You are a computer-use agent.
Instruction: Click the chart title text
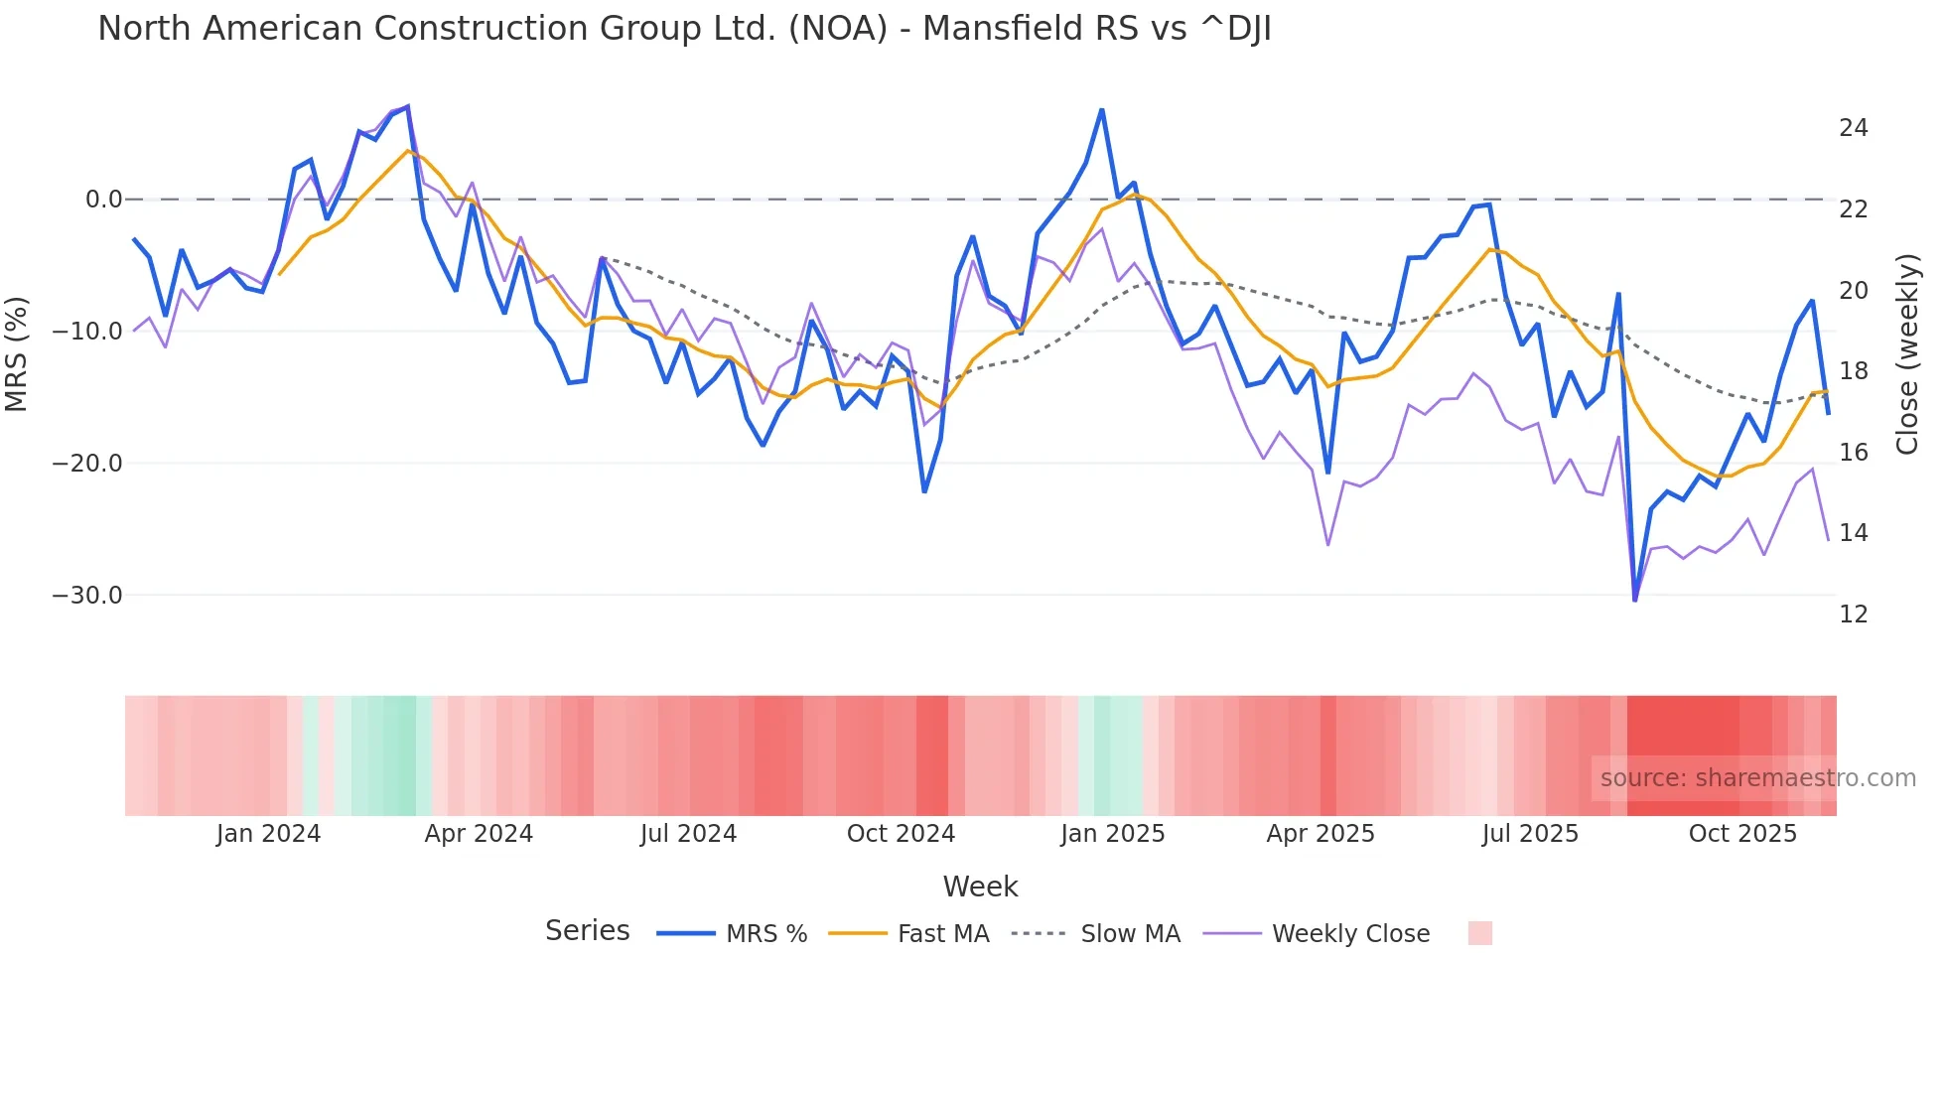(684, 29)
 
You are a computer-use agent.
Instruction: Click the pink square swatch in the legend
(1479, 933)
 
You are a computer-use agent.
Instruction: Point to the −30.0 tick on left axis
(87, 596)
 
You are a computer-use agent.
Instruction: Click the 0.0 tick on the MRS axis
(103, 200)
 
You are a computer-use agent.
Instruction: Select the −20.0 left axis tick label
(87, 464)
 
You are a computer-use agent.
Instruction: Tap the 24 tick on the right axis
(1853, 128)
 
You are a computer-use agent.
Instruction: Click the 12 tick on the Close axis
(1853, 615)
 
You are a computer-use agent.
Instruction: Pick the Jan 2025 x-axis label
(1112, 834)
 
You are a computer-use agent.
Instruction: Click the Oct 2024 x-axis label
(901, 834)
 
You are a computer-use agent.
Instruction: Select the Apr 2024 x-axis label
(479, 834)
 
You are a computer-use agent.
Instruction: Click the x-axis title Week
(980, 887)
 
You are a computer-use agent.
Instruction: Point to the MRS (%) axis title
(17, 353)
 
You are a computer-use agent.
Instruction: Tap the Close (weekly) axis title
(1907, 354)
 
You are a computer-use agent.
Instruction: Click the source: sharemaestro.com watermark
(1757, 778)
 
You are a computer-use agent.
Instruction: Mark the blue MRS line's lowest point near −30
(1634, 600)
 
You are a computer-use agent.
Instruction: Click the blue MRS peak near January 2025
(1102, 110)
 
